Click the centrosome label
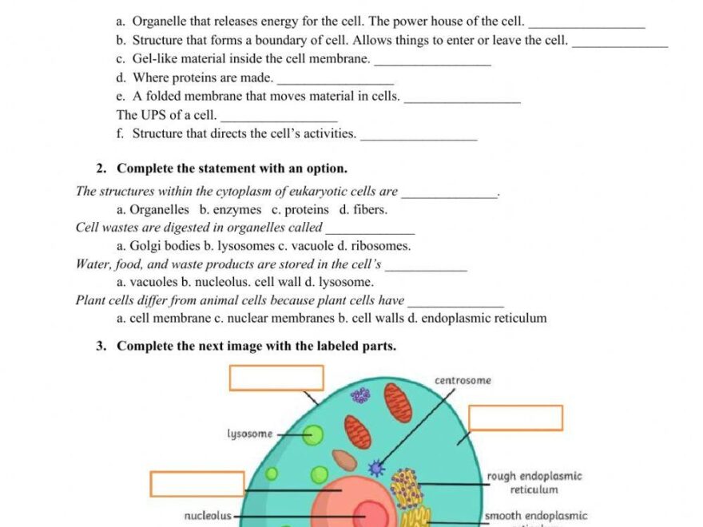[463, 381]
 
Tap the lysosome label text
[250, 434]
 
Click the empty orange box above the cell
[276, 378]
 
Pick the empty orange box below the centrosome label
[515, 418]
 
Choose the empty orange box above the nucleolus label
[197, 484]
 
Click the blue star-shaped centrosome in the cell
[376, 468]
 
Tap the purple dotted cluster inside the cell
[361, 395]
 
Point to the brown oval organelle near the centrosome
[344, 460]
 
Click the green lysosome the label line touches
[313, 435]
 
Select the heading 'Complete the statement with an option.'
[232, 168]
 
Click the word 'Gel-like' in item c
[155, 59]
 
